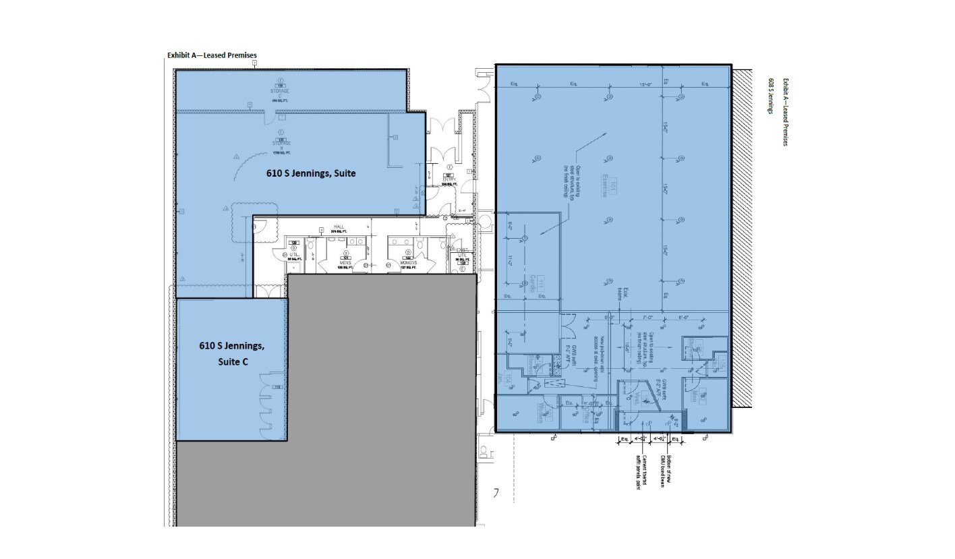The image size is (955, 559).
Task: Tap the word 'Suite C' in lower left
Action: point(232,361)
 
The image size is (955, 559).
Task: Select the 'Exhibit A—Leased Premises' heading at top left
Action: point(212,55)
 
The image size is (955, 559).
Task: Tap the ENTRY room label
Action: point(448,179)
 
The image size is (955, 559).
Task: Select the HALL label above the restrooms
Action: point(339,227)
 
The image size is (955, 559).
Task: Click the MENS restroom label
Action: point(345,262)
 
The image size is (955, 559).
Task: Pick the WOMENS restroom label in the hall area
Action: point(408,262)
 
